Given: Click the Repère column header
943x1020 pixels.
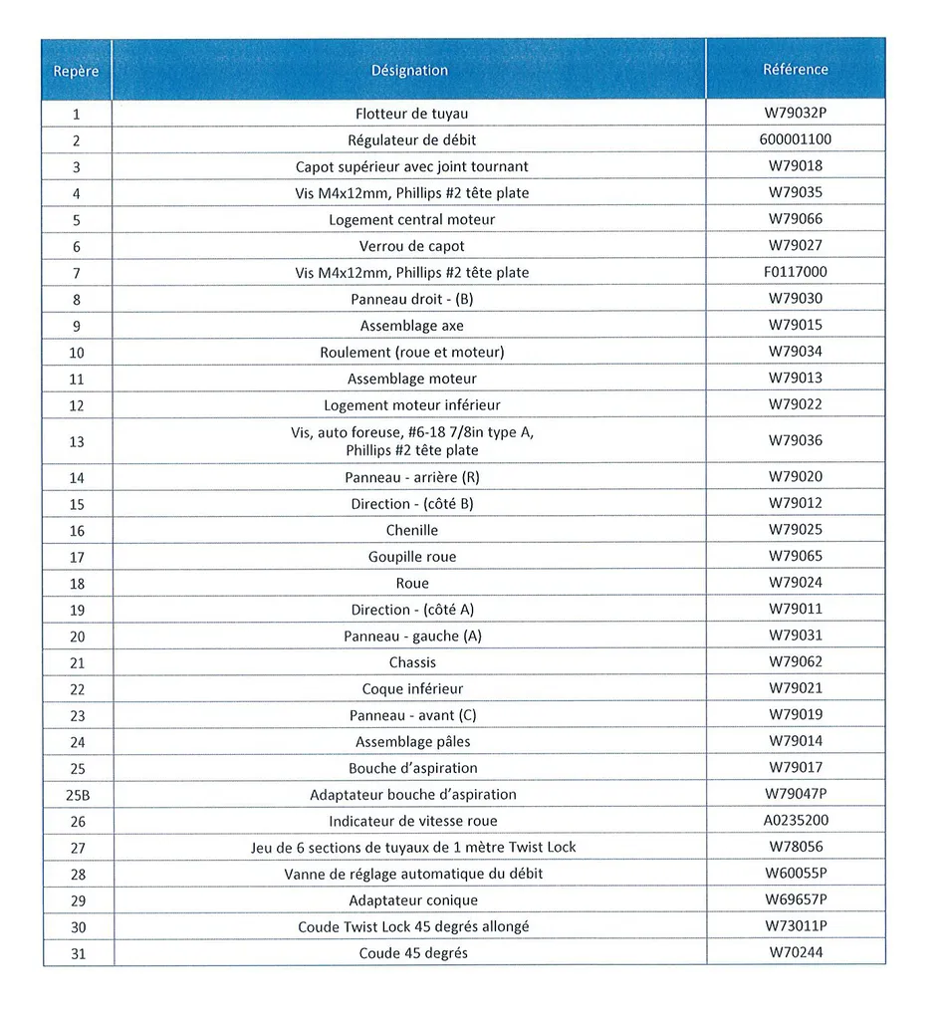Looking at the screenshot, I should [x=76, y=71].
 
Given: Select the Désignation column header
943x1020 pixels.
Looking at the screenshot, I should [x=409, y=71].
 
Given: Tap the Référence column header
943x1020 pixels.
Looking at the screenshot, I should [x=795, y=70].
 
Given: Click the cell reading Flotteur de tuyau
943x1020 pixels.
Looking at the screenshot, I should [x=411, y=114].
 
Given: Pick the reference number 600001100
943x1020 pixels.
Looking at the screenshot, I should [x=795, y=139].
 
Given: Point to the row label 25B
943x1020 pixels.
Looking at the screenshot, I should [x=77, y=795].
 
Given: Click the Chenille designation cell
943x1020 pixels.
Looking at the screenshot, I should [x=411, y=530].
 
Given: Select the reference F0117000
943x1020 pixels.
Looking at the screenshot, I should [x=795, y=272].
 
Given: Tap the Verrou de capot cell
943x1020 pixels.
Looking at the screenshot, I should [x=411, y=246].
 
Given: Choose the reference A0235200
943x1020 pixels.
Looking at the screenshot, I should [x=795, y=821].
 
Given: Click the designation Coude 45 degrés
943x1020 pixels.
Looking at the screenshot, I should [x=412, y=953].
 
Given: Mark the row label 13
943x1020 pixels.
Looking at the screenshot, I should [x=77, y=441].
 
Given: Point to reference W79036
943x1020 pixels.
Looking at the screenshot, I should [x=795, y=440].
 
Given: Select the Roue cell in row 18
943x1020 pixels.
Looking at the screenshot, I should [x=411, y=583].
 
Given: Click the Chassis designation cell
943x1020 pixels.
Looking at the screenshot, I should [x=412, y=662].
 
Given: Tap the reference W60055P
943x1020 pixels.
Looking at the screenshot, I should [x=796, y=874].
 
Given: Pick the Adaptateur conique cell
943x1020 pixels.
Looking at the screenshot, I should [x=412, y=900].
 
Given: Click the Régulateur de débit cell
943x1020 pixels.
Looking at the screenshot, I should [x=411, y=140].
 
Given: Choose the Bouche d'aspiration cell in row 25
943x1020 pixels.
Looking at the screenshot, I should [x=412, y=768].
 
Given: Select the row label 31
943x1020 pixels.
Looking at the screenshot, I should [x=77, y=953].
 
